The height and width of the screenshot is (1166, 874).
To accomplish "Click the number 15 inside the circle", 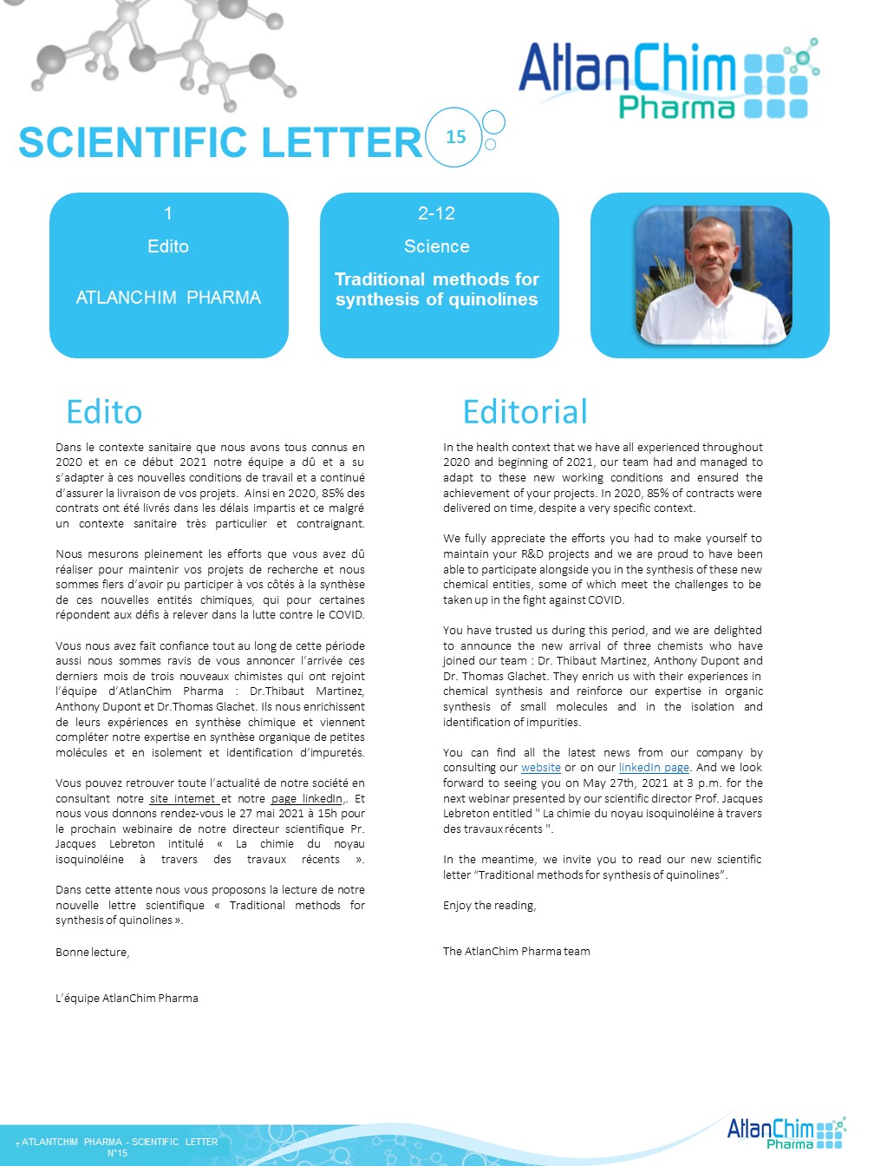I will click(x=456, y=137).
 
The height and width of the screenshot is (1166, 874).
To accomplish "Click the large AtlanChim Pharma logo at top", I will click(x=669, y=80).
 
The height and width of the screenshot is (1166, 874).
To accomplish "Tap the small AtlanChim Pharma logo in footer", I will click(x=786, y=1133).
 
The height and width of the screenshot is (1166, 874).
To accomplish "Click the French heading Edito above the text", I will click(x=104, y=412).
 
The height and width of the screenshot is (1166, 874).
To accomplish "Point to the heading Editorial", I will click(x=525, y=412).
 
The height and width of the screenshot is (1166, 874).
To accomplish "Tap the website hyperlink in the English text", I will click(x=541, y=768).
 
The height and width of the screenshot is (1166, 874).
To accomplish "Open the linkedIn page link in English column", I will click(x=654, y=768).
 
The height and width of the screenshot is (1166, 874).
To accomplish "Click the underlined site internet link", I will click(x=183, y=799).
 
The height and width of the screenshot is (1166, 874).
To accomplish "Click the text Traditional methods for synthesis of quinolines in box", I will click(x=437, y=290).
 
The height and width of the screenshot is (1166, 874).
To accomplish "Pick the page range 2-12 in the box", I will click(x=436, y=213).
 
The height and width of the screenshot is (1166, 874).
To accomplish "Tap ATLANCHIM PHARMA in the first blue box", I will click(x=168, y=298).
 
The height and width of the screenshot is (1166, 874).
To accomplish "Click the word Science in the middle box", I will click(x=437, y=246).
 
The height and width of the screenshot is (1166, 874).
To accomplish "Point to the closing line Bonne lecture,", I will click(x=92, y=953).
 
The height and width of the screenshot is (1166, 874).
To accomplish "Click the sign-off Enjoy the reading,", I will click(x=490, y=906).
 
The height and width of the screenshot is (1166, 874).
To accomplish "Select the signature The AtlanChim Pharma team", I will click(x=517, y=952).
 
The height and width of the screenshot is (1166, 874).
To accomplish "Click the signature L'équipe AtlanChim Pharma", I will click(x=127, y=999).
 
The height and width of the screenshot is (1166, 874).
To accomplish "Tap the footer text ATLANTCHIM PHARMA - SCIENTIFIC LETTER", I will click(x=120, y=1142).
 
